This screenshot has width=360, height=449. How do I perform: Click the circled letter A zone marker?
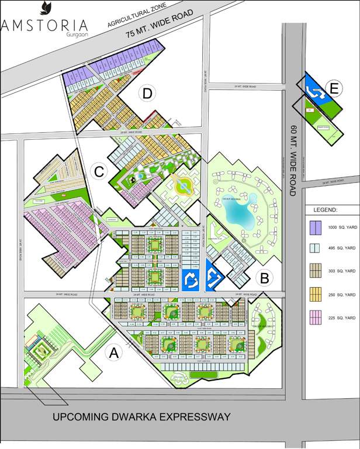(x=113, y=353)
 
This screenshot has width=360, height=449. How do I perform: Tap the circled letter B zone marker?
(x=264, y=278)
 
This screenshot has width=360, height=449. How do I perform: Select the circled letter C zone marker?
(x=99, y=172)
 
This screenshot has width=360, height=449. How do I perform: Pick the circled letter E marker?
(x=334, y=89)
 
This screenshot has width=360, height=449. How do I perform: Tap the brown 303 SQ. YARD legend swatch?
(x=316, y=271)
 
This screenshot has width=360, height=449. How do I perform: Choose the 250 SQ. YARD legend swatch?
(x=316, y=295)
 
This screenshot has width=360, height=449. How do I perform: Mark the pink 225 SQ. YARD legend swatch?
(x=316, y=317)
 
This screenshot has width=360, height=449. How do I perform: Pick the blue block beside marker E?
(x=316, y=91)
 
